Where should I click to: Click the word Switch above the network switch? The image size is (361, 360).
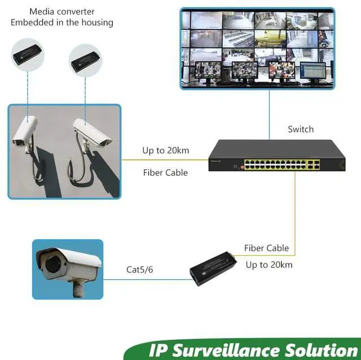pyautogui.click(x=301, y=129)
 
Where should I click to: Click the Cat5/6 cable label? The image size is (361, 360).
pyautogui.click(x=139, y=270)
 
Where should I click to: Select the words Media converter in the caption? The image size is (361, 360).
pyautogui.click(x=62, y=11)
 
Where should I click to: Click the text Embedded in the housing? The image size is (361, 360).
pyautogui.click(x=62, y=23)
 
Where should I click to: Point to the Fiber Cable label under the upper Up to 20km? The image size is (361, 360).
pyautogui.click(x=165, y=173)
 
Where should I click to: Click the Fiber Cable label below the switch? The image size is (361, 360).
pyautogui.click(x=266, y=248)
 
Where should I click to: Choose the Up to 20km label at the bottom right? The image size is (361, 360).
pyautogui.click(x=269, y=264)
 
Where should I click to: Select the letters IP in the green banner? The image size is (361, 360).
pyautogui.click(x=159, y=349)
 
